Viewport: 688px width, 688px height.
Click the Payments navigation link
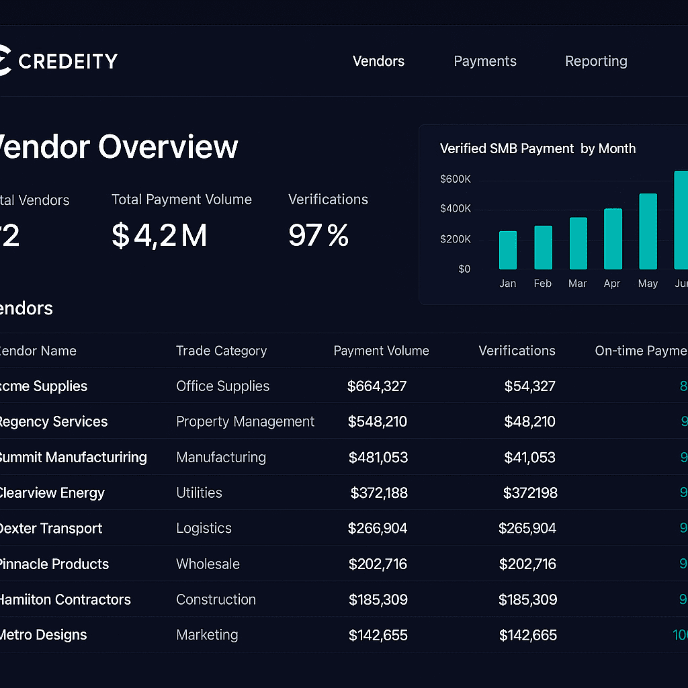(485, 61)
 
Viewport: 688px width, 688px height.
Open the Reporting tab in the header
(596, 61)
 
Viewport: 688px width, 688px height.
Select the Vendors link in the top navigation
(378, 61)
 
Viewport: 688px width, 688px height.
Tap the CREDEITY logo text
(68, 61)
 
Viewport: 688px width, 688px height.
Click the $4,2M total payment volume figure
(159, 236)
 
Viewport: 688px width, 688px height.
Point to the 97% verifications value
(318, 236)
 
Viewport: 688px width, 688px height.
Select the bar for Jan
(508, 250)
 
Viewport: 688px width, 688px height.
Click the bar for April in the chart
(613, 239)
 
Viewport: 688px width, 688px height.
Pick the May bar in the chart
(648, 231)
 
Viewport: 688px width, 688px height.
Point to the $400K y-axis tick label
(455, 209)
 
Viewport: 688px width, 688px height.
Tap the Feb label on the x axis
(542, 284)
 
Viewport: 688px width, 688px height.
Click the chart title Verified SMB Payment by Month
(537, 148)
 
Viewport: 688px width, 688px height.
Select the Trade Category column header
(221, 351)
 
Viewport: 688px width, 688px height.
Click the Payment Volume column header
(381, 351)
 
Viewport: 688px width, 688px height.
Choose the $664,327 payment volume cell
(377, 386)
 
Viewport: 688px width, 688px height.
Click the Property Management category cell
(245, 422)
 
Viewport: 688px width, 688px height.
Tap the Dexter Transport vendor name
(51, 528)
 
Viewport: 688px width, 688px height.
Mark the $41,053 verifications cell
(529, 458)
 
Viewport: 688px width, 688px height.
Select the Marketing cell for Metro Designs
(207, 635)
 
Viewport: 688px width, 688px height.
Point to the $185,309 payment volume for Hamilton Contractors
(378, 599)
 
